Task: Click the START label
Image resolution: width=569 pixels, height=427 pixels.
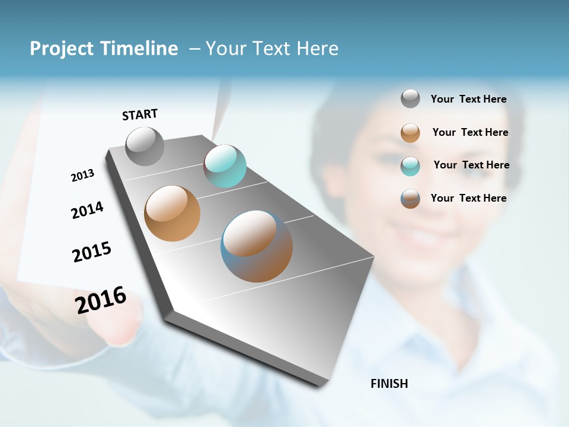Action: pyautogui.click(x=140, y=114)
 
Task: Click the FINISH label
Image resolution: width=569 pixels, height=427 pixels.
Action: pyautogui.click(x=389, y=384)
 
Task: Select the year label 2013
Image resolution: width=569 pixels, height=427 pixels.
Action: pyautogui.click(x=82, y=175)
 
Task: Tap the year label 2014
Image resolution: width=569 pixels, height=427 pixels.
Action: pyautogui.click(x=87, y=210)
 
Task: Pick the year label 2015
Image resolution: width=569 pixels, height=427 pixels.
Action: pyautogui.click(x=92, y=252)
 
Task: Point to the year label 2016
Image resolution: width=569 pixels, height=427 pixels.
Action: pyautogui.click(x=101, y=300)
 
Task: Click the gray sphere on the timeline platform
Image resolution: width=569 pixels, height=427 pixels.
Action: pyautogui.click(x=145, y=146)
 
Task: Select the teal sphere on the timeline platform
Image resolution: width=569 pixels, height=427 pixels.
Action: pyautogui.click(x=225, y=166)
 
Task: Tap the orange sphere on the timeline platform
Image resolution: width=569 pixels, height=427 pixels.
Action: pyautogui.click(x=172, y=213)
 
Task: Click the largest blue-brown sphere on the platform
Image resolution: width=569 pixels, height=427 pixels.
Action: pyautogui.click(x=257, y=246)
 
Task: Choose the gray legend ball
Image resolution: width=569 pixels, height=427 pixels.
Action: pyautogui.click(x=410, y=98)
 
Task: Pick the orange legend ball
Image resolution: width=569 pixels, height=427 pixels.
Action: pyautogui.click(x=410, y=133)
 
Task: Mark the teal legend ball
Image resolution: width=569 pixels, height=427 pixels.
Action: pyautogui.click(x=410, y=166)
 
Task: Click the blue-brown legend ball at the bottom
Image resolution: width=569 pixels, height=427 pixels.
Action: pyautogui.click(x=410, y=199)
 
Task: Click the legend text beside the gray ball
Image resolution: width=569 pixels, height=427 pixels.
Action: pyautogui.click(x=468, y=99)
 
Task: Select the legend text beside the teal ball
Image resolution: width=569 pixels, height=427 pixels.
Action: pyautogui.click(x=471, y=165)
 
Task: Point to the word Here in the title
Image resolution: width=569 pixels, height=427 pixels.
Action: pyautogui.click(x=317, y=49)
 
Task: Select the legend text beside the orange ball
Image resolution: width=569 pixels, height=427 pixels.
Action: pyautogui.click(x=470, y=132)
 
